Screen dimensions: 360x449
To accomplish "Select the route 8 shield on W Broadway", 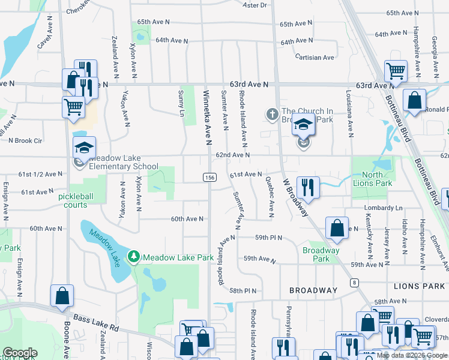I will (355, 282).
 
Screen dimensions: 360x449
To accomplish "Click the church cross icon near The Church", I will (271, 113).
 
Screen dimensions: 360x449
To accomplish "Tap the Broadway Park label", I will (321, 254).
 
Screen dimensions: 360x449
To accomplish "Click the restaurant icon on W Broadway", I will (307, 187).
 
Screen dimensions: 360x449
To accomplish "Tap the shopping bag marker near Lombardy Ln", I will (337, 227).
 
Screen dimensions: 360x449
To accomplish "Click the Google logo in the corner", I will (20, 353).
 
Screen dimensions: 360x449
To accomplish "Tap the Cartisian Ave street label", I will (315, 58).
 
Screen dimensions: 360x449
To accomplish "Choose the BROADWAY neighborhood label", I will (313, 290).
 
